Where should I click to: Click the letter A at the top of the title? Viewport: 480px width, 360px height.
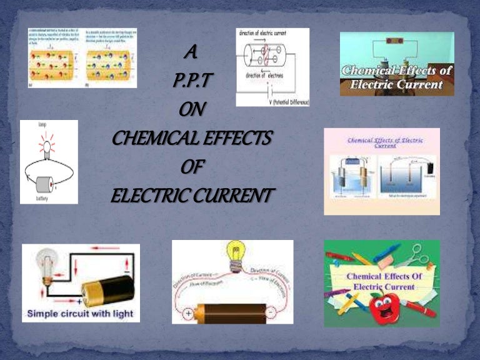192,54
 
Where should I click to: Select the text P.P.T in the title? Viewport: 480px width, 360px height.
192,81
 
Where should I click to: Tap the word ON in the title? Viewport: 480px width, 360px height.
192,110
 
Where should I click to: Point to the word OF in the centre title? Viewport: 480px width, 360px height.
192,167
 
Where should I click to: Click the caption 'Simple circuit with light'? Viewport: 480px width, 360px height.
79,313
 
